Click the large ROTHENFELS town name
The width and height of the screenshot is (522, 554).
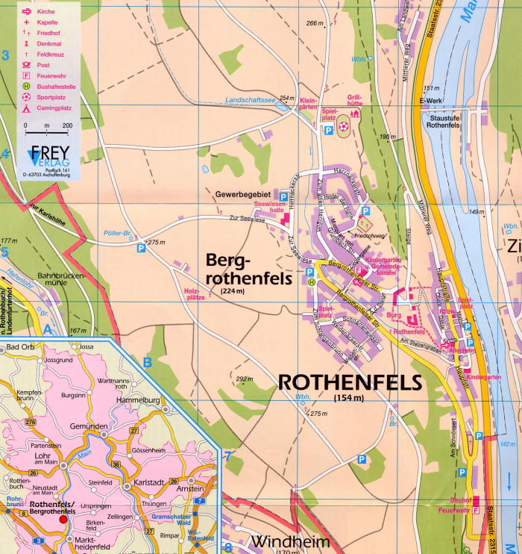point(349,382)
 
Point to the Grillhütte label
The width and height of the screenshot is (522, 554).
point(355,101)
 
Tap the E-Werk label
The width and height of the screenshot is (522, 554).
point(431,102)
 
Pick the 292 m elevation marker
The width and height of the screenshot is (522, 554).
point(244,379)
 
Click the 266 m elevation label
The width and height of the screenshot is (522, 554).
point(316,23)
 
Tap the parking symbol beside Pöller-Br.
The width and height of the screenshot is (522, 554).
point(141,249)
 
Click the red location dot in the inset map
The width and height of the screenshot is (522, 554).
point(63,518)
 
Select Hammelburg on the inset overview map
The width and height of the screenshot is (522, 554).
point(138,399)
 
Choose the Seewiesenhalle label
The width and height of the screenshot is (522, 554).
point(270,207)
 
